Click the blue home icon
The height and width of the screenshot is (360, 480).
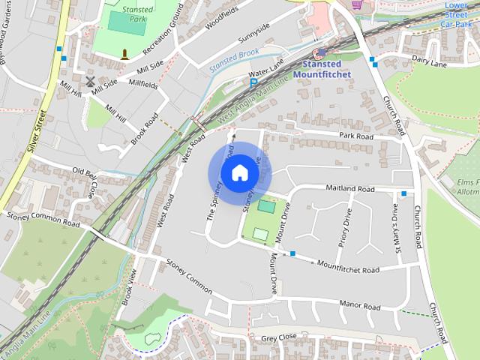(x=238, y=173)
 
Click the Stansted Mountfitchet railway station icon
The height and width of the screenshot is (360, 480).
(x=318, y=53)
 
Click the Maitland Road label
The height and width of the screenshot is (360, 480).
(x=349, y=189)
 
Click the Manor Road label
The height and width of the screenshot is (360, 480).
(x=360, y=305)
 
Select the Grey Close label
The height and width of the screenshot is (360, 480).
(x=280, y=339)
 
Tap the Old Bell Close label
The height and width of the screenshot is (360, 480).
(x=84, y=183)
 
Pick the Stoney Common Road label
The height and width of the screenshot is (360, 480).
(x=43, y=219)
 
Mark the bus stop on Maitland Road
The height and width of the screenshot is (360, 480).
(x=404, y=193)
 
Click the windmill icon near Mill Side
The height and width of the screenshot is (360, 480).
(x=91, y=81)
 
